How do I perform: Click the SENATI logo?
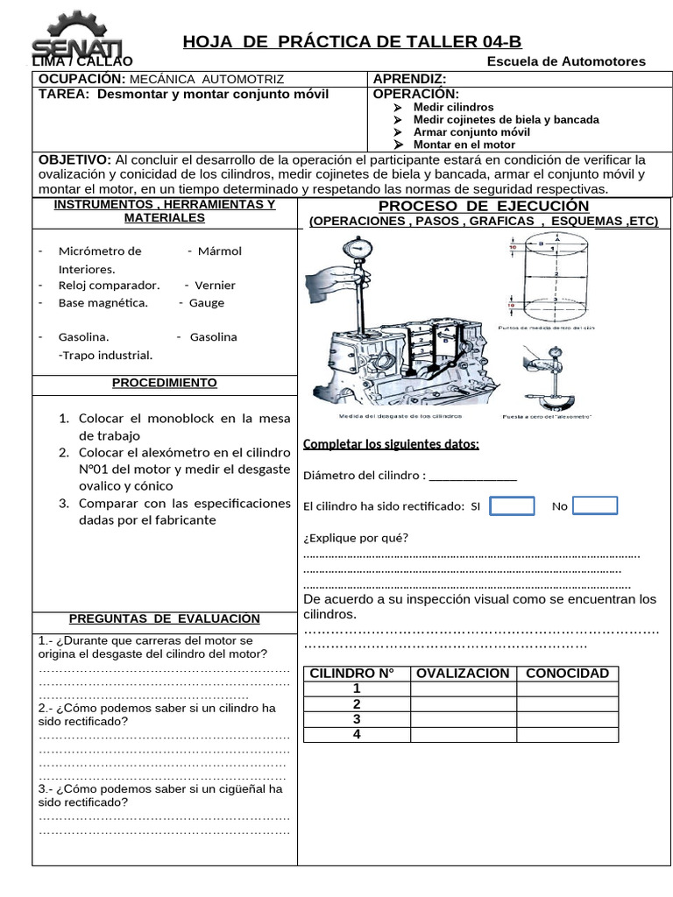[66, 37]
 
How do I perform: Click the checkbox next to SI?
[512, 506]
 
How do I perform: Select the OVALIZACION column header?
[463, 673]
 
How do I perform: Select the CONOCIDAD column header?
[567, 673]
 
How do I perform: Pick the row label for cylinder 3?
[357, 719]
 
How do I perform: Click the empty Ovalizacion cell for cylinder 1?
[463, 689]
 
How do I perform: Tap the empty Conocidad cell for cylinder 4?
[567, 735]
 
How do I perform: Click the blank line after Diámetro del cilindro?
[473, 477]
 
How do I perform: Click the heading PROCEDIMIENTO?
[165, 384]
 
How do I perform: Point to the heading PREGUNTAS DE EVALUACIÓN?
[165, 618]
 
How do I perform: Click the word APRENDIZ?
[410, 79]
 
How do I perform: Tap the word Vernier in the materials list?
[215, 285]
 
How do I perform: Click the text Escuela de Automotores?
[566, 61]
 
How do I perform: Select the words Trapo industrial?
[105, 355]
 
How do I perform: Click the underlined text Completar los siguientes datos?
[391, 444]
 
